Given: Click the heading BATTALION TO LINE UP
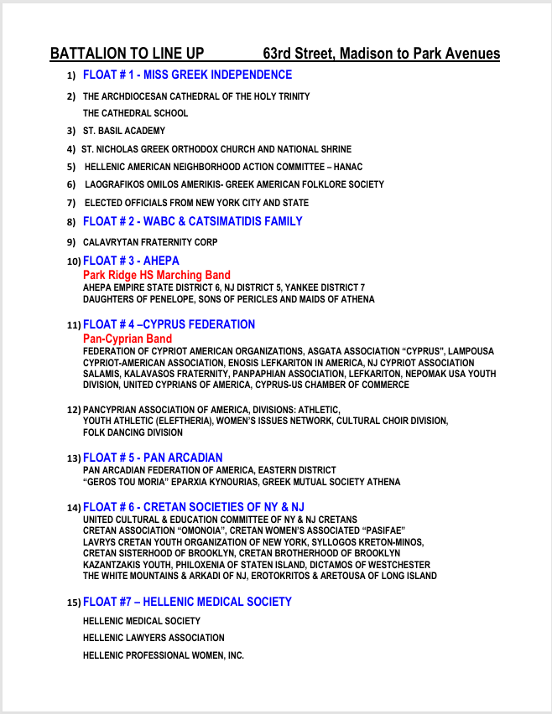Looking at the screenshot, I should [x=127, y=54].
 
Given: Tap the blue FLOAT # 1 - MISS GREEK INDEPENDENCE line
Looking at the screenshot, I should [x=187, y=75].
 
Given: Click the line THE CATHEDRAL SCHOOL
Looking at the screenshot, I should [x=135, y=113].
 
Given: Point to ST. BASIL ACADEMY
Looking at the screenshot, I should [x=124, y=131].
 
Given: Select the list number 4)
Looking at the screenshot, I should [x=71, y=149].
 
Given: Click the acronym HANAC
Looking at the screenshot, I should [x=348, y=167].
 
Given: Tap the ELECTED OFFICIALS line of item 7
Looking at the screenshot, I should [x=196, y=203].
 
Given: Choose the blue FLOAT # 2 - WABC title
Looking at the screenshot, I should [x=192, y=221].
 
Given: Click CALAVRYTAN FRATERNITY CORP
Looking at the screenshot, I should [x=150, y=242].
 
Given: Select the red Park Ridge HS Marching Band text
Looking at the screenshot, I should [x=156, y=275].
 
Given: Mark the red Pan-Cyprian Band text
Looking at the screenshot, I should [x=128, y=339].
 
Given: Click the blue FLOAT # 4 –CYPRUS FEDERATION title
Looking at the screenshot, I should [x=169, y=324].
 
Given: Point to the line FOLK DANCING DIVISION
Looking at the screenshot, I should [x=133, y=432].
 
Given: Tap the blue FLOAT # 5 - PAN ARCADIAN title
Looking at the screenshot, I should [x=153, y=458].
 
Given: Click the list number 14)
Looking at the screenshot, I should [x=74, y=508].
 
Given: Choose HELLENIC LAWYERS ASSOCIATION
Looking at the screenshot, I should [x=154, y=638].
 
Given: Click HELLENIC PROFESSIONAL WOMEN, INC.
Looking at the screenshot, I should [x=163, y=655].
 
